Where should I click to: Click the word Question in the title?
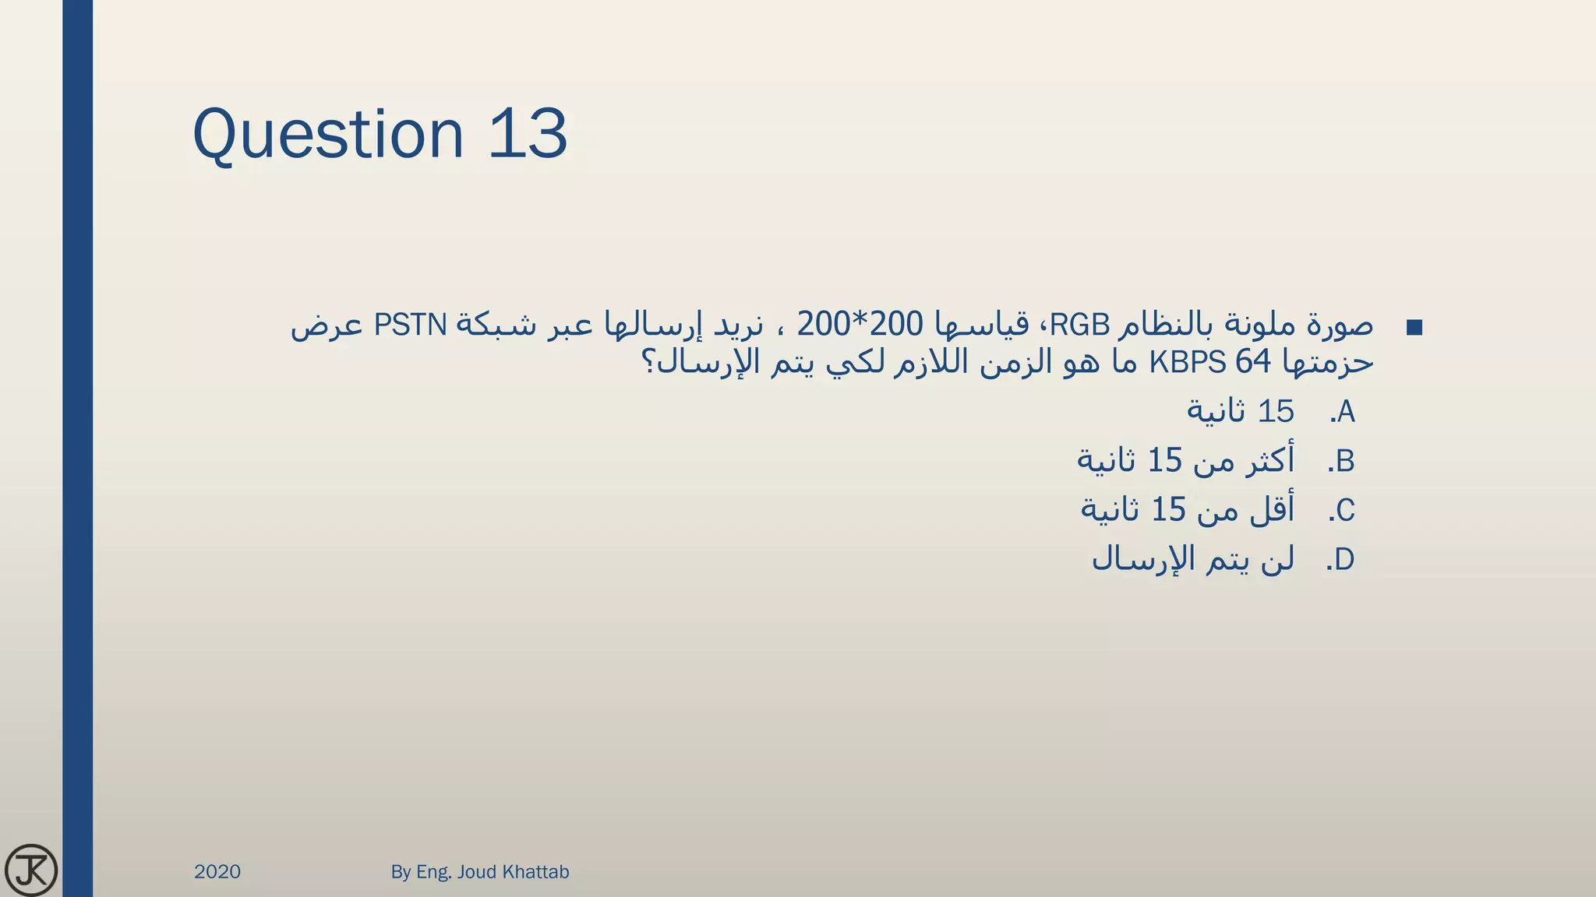tap(328, 135)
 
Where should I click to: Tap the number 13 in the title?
tap(528, 134)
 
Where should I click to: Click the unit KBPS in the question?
tap(1188, 362)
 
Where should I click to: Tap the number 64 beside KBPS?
tap(1253, 362)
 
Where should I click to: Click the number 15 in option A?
tap(1276, 412)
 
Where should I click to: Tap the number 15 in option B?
tap(1165, 462)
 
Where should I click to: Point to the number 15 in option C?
tap(1168, 511)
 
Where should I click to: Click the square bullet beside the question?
tap(1414, 328)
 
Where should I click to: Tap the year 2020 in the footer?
tap(217, 872)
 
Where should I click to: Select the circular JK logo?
tap(31, 870)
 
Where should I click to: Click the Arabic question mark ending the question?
tap(648, 362)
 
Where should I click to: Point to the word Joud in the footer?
tap(476, 872)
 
